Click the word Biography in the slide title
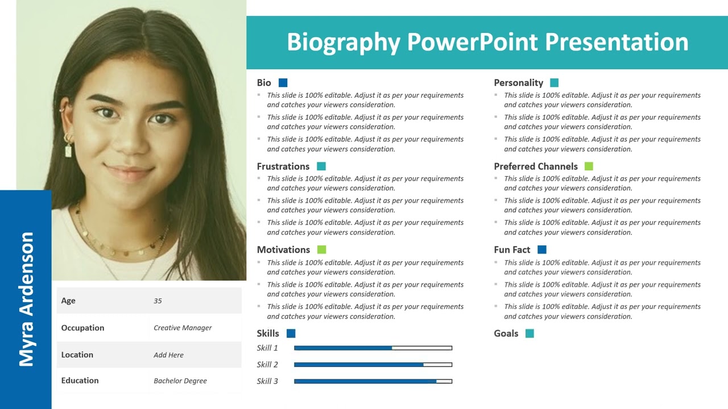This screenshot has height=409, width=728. point(343,43)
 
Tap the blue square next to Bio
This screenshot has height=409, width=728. point(283,83)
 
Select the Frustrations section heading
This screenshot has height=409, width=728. point(283,166)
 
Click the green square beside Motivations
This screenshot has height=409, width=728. point(321,249)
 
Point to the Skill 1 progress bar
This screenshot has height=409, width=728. point(373,348)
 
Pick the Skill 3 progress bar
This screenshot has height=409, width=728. point(373,381)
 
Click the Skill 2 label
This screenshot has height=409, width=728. point(267,365)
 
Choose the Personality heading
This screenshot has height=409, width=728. point(518,83)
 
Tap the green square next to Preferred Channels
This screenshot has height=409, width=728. point(589,166)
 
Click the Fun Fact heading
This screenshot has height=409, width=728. point(512,250)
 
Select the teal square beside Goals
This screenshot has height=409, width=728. point(530,333)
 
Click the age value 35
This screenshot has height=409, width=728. point(158,301)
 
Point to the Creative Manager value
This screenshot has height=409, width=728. point(183,328)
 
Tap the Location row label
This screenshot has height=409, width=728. point(77,354)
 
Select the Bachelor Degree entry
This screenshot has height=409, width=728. point(180,381)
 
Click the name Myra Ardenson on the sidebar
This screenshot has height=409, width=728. point(26,299)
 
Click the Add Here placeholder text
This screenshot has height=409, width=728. point(168,355)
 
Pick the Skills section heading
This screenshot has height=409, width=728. point(268,333)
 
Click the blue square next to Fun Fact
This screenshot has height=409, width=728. point(541,249)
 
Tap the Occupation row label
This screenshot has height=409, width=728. point(83,328)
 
